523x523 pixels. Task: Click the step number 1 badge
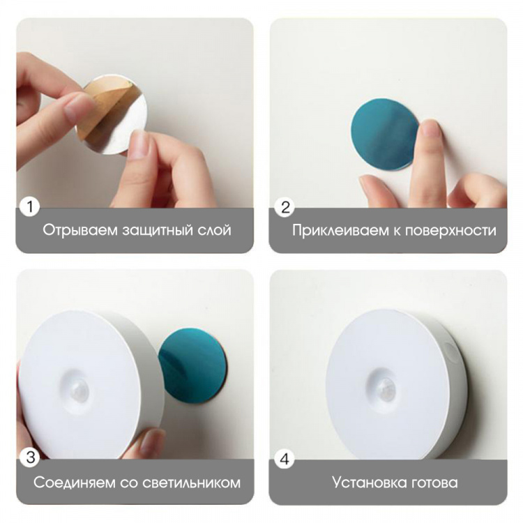30,206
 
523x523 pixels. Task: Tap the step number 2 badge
285,207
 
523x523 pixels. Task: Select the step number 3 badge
30,457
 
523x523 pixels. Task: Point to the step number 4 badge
285,459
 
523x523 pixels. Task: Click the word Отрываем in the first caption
80,231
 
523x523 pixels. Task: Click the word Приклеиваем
340,231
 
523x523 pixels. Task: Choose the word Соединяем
75,483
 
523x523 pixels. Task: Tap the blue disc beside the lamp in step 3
192,365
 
